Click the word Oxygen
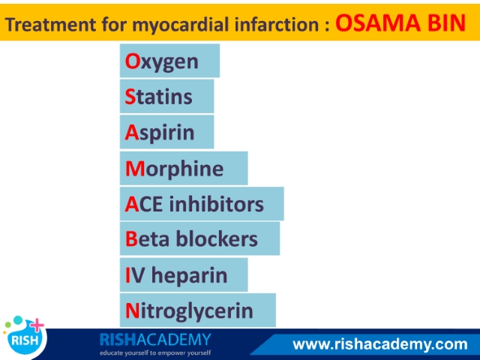pyautogui.click(x=162, y=62)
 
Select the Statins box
pyautogui.click(x=166, y=97)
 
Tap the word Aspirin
pyautogui.click(x=160, y=133)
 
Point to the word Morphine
pyautogui.click(x=175, y=169)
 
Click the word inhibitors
pyautogui.click(x=216, y=204)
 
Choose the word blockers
pyautogui.click(x=217, y=238)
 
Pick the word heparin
pyautogui.click(x=190, y=275)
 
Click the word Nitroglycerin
pyautogui.click(x=189, y=311)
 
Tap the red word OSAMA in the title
pyautogui.click(x=378, y=23)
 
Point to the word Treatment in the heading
pyautogui.click(x=50, y=25)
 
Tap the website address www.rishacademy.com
pyautogui.click(x=380, y=344)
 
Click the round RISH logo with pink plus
pyautogui.click(x=25, y=336)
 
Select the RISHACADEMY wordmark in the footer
pyautogui.click(x=155, y=340)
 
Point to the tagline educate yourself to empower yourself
pyautogui.click(x=155, y=353)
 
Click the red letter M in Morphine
pyautogui.click(x=135, y=168)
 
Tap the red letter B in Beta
pyautogui.click(x=131, y=238)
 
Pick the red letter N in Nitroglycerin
pyautogui.click(x=133, y=310)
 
